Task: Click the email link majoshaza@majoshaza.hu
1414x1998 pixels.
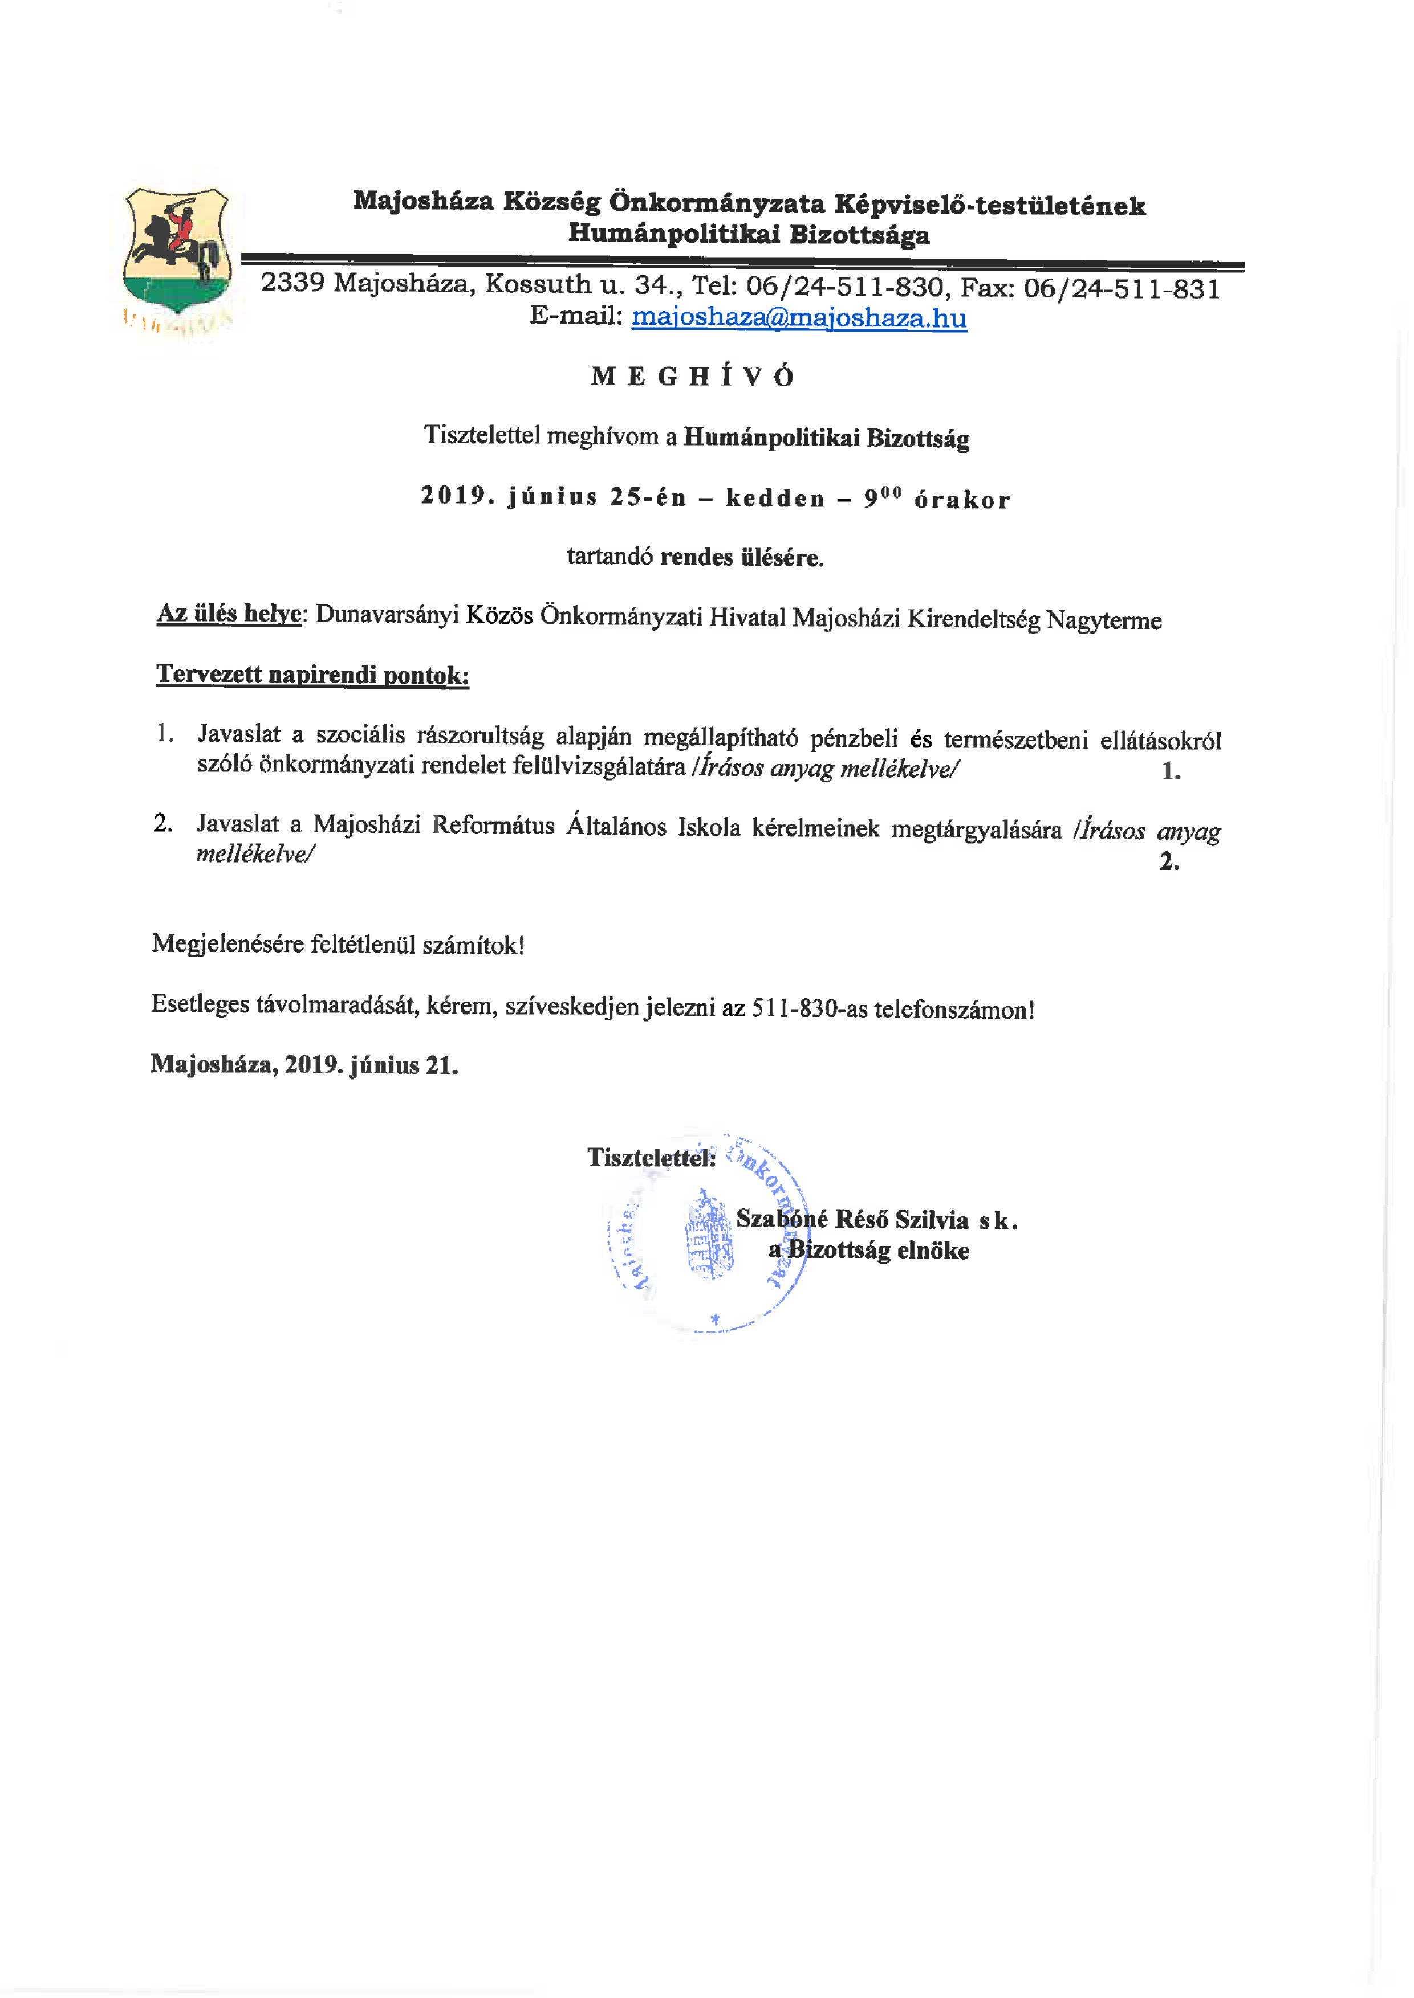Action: [x=798, y=318]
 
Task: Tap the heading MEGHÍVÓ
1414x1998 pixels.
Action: [x=693, y=376]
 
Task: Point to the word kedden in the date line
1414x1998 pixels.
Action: [x=775, y=498]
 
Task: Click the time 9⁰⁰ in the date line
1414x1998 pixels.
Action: [x=881, y=498]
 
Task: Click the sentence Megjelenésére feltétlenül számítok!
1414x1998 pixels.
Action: [x=338, y=944]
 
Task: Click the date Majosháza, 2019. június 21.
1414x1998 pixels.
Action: [x=304, y=1064]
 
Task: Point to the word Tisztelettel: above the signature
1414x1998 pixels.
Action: [x=651, y=1157]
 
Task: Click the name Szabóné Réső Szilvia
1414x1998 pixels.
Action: [x=851, y=1219]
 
